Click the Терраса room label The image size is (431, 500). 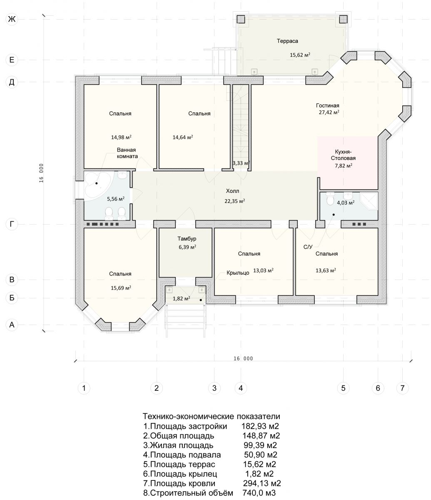click(287, 41)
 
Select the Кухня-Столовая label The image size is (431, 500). click(343, 155)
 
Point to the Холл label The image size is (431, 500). click(232, 191)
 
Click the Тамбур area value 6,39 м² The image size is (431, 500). click(187, 247)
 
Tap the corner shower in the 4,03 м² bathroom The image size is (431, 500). click(369, 201)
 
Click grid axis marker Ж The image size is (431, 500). click(12, 19)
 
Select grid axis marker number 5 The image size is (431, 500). click(343, 388)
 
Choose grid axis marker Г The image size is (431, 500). click(12, 225)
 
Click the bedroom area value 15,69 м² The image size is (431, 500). click(121, 288)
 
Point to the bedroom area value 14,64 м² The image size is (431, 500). click(183, 137)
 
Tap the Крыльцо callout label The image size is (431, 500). click(238, 273)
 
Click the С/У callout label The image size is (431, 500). click(308, 247)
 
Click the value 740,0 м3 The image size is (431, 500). click(259, 492)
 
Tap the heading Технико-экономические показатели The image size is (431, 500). click(212, 416)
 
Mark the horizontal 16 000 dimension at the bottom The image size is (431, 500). click(243, 358)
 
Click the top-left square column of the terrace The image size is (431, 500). click(241, 19)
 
